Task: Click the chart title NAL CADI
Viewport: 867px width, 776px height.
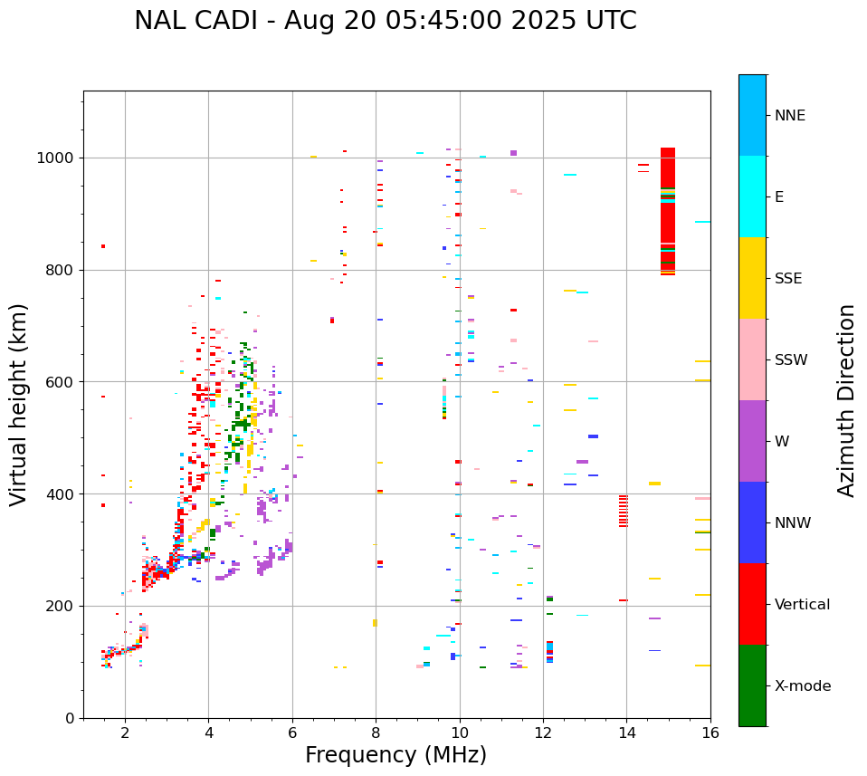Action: [385, 21]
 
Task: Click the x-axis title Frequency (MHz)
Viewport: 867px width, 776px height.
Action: [395, 755]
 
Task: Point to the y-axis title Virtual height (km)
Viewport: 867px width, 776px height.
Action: [19, 404]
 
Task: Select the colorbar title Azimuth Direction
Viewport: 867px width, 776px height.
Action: [846, 399]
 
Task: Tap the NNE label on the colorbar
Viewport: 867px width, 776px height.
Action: [789, 116]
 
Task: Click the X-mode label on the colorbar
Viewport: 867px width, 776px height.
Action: [802, 686]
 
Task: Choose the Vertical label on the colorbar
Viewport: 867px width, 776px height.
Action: [802, 605]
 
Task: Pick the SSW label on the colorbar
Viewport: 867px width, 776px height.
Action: [791, 360]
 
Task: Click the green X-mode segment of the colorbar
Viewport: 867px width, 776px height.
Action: [752, 685]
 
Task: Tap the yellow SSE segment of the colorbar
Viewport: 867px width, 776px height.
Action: [752, 278]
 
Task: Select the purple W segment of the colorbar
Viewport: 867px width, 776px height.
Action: [752, 441]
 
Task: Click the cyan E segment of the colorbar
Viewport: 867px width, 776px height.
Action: [752, 196]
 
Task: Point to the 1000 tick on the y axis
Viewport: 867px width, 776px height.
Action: [59, 158]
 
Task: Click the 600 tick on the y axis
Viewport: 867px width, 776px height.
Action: [63, 382]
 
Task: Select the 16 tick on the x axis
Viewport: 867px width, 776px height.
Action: [710, 733]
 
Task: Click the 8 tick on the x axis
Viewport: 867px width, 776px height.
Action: [376, 733]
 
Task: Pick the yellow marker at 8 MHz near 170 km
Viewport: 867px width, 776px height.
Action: [375, 623]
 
